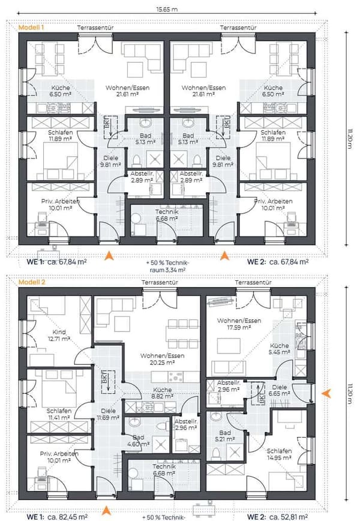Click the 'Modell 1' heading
[31, 27]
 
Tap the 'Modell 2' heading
[32, 282]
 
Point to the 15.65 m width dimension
[167, 10]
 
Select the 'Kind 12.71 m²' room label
[59, 336]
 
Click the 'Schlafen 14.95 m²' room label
[279, 454]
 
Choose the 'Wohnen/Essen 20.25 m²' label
[162, 359]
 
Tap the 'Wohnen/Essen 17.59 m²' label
[239, 324]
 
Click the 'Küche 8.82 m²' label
[163, 393]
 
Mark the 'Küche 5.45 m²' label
[279, 349]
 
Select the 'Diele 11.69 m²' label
[108, 414]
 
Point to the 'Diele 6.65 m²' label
[279, 390]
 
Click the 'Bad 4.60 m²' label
[139, 441]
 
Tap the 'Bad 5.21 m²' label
[225, 436]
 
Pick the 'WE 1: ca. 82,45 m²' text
[57, 517]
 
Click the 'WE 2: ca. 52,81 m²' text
[277, 517]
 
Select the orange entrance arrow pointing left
[326, 393]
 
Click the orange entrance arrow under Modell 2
[106, 510]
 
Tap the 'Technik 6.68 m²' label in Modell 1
[167, 215]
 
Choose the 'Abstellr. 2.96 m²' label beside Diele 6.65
[229, 386]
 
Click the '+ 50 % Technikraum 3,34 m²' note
[167, 267]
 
